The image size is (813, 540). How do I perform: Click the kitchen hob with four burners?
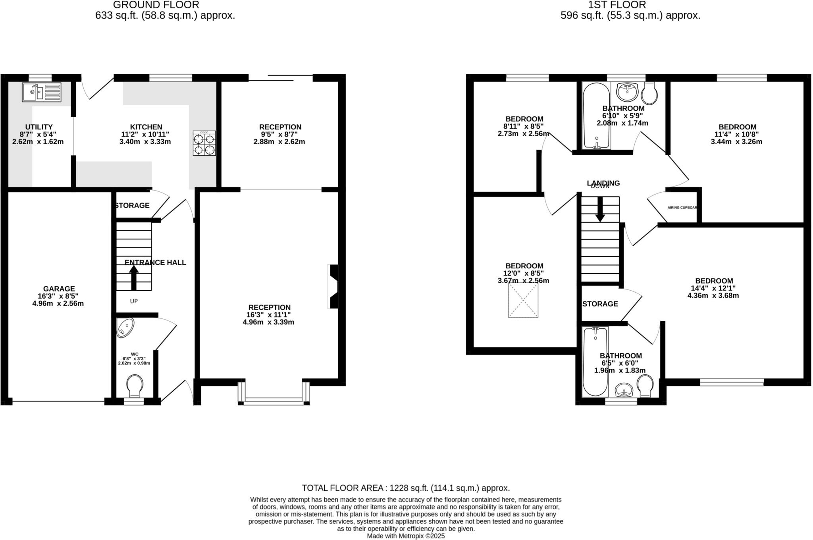204,143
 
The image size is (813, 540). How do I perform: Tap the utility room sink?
41,92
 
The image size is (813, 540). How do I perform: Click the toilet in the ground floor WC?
135,385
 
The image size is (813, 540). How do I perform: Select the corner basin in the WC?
125,328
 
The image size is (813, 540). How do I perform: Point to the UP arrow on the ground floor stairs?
134,277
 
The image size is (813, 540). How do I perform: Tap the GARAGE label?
59,289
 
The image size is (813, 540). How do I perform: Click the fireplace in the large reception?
333,286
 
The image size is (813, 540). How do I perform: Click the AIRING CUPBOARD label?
682,208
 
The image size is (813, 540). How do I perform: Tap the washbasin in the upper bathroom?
627,91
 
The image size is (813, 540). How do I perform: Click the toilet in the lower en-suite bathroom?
645,386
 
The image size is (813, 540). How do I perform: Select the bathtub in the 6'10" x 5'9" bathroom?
596,115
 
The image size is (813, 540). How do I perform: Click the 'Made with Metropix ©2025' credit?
406,536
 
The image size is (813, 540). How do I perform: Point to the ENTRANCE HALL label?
155,262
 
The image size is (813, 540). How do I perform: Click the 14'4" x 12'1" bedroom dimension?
713,288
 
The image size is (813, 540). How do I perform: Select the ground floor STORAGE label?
132,205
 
